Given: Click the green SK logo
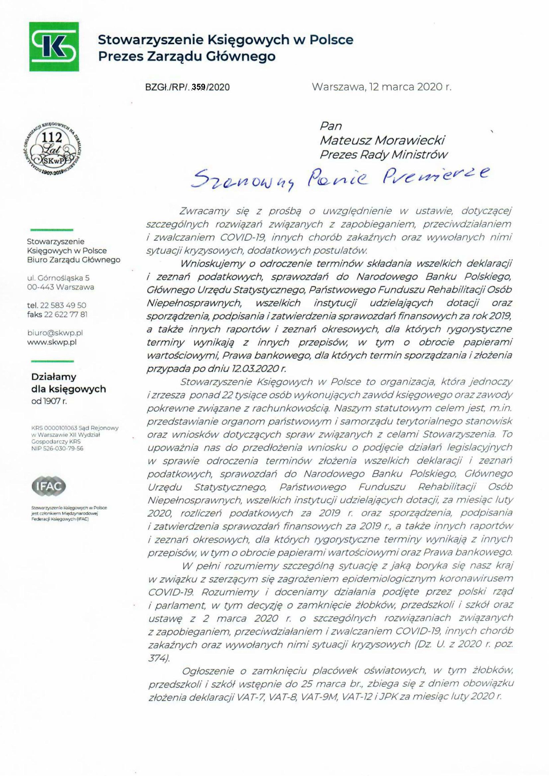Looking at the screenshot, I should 54,47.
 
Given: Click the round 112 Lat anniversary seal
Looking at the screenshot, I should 53,148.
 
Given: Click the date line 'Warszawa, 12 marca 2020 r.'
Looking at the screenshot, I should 382,87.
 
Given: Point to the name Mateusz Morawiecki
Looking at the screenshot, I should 382,140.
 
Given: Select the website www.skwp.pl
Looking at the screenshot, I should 52,342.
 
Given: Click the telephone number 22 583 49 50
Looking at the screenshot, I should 63,305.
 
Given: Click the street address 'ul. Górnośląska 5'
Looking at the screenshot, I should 58,278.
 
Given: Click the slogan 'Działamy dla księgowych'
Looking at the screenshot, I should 68,383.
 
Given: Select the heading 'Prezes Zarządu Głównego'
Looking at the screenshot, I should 187,56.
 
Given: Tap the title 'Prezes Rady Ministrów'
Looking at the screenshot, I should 383,154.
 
